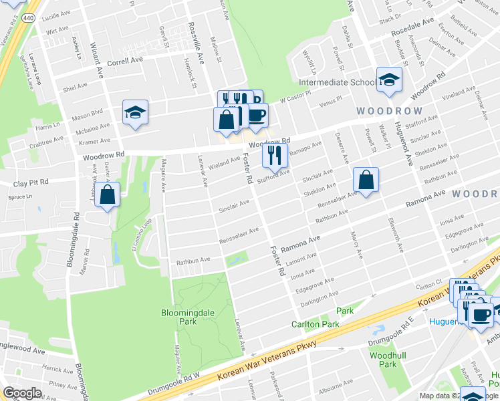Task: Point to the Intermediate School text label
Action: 338,83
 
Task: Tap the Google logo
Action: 22,393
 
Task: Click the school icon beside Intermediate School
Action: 389,80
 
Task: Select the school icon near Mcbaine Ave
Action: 135,112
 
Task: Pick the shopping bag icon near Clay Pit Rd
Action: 107,195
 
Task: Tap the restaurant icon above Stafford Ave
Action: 275,155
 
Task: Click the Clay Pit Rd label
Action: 31,182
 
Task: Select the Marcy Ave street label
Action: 356,245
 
